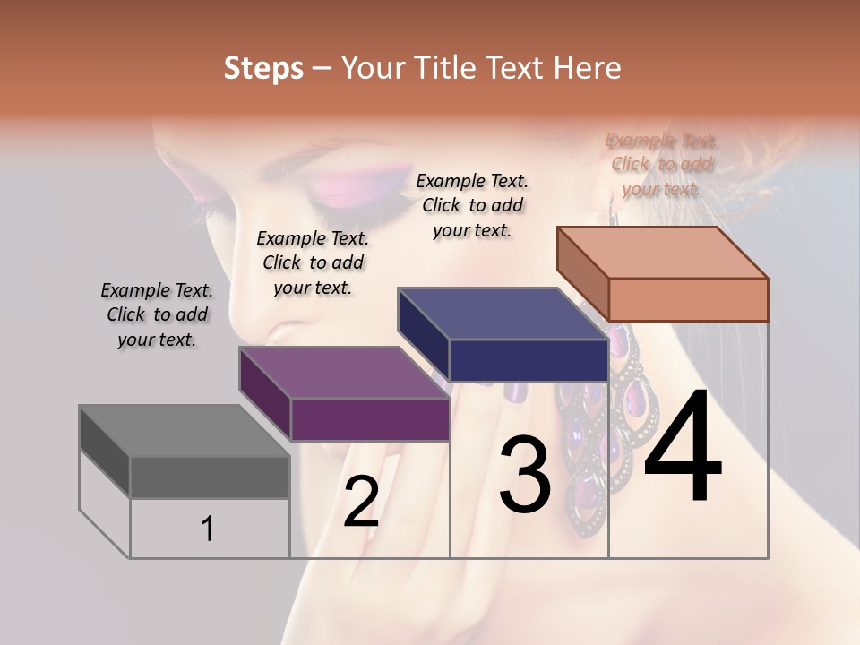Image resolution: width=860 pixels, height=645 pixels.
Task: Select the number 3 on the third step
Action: tap(525, 474)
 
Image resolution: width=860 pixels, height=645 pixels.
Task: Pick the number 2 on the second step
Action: tap(361, 502)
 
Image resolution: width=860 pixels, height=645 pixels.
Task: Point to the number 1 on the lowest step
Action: tap(208, 529)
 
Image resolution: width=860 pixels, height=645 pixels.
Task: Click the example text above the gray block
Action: tap(157, 315)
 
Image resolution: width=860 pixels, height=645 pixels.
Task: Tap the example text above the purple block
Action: tap(313, 262)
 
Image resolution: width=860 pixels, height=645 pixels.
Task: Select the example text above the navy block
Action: tap(472, 205)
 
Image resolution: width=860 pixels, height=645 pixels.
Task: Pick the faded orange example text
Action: tap(662, 165)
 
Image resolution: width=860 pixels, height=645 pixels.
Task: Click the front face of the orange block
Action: tap(688, 299)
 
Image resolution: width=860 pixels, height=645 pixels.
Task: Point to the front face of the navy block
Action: tap(529, 360)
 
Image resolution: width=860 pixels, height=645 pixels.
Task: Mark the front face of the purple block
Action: tap(369, 419)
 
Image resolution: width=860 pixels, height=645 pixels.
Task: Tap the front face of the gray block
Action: tap(210, 477)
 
